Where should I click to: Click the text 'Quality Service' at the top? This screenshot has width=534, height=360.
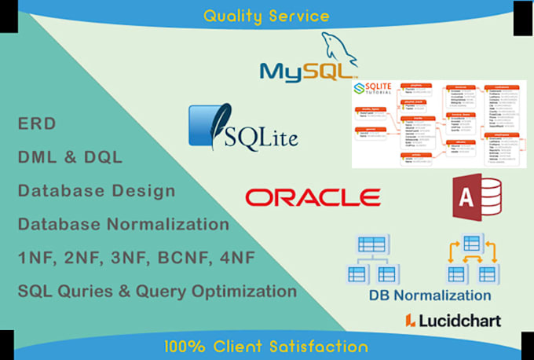266,15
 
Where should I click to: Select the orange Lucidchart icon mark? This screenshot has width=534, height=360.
410,320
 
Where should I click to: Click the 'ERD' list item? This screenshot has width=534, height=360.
33,123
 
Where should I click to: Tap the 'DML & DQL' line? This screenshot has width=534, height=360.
70,156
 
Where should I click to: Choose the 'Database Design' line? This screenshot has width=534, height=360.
97,190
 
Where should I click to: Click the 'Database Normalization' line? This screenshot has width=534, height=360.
123,224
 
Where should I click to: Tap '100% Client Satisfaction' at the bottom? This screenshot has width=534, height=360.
266,346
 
